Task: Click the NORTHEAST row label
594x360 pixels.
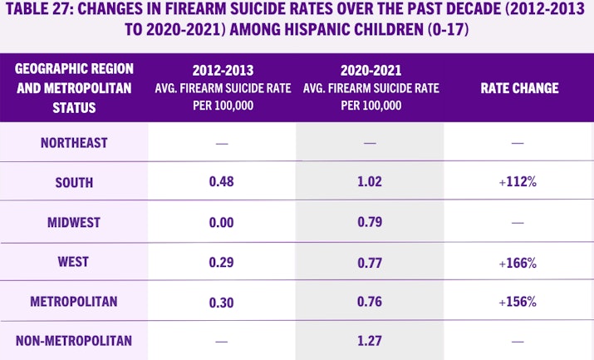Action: tap(74, 143)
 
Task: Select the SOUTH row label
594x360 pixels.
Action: tap(74, 182)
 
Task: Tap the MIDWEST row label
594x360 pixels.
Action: tap(74, 222)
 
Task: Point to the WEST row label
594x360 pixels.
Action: tap(74, 262)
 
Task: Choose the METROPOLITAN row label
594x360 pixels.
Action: tap(74, 301)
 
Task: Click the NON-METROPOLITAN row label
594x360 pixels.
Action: tap(74, 340)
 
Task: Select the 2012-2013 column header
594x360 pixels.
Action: tap(222, 72)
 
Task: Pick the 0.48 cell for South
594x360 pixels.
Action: tap(222, 183)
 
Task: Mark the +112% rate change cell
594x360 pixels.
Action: tap(518, 183)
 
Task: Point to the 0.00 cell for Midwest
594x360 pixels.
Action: tap(222, 222)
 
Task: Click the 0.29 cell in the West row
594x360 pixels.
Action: tap(222, 262)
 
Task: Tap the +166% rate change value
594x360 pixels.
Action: tap(518, 263)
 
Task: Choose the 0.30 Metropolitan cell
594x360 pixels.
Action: tap(222, 301)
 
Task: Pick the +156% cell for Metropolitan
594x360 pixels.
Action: tap(518, 302)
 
